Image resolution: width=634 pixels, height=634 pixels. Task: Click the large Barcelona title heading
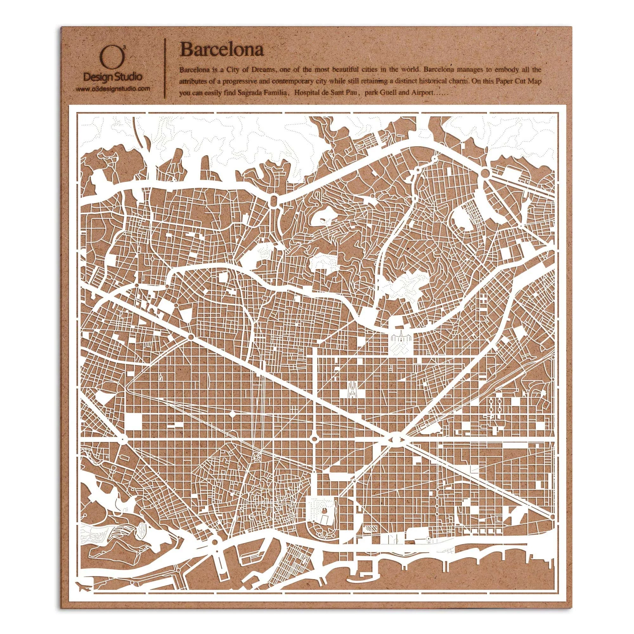[222, 50]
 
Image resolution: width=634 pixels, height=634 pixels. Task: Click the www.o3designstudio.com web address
[113, 89]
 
